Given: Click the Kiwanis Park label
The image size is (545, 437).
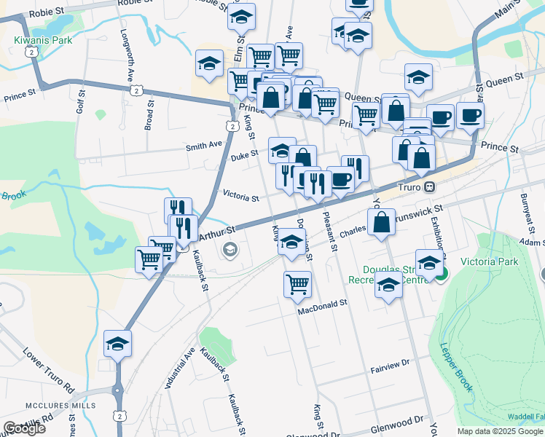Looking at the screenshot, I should pos(43,40).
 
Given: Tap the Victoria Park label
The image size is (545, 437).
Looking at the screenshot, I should pos(490,261).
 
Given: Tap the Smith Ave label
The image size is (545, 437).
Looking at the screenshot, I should pos(203,146).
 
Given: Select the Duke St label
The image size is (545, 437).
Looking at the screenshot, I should pos(244,154).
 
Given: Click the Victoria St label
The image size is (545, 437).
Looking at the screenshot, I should pos(240,197).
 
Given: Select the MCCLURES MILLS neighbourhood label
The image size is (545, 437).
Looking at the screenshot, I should pos(36,405).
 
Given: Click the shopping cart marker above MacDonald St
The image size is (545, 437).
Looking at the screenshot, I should pos(297,284).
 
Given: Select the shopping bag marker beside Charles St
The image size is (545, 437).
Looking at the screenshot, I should pos(381,222).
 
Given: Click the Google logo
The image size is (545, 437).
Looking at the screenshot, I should pos(24,428).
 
